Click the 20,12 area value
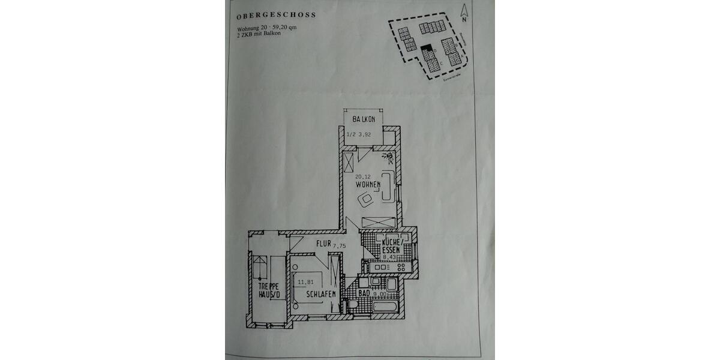pyautogui.click(x=362, y=176)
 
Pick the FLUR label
pyautogui.click(x=324, y=245)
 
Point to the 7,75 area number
pyautogui.click(x=340, y=245)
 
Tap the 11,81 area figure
pyautogui.click(x=306, y=281)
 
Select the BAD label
pyautogui.click(x=364, y=294)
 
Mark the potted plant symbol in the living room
pyautogui.click(x=389, y=158)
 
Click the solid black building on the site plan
pyautogui.click(x=425, y=46)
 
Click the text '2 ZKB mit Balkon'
pyautogui.click(x=259, y=34)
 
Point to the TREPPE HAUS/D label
pyautogui.click(x=268, y=291)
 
